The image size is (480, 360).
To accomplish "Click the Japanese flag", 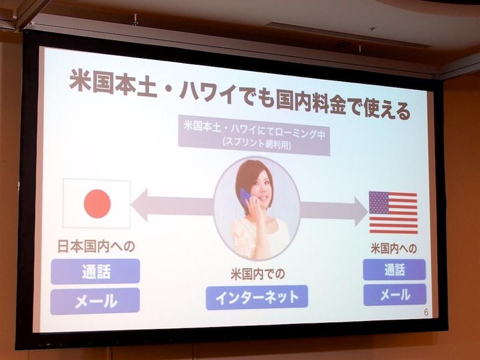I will coord(97,203).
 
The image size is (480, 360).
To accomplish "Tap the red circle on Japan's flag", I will coord(97,203).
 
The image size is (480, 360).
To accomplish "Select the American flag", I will coord(393,212).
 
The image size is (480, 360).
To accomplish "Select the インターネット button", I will coord(256,296).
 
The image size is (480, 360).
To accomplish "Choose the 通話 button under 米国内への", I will coord(394,270).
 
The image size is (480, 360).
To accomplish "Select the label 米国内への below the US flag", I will coord(394,247).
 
